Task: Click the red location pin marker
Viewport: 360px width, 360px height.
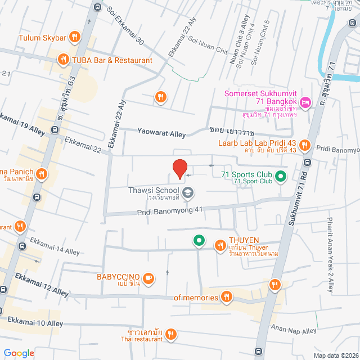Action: coord(179,169)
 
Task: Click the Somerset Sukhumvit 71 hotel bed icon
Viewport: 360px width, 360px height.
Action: coord(305,102)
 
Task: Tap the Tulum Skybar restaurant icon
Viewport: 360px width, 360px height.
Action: coord(75,38)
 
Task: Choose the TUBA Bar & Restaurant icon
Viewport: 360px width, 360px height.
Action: coord(64,59)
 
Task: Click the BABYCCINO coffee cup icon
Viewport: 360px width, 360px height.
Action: coord(149,277)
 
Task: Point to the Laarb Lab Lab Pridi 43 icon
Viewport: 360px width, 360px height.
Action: coord(305,146)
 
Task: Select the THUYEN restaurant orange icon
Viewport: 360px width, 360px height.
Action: coord(220,244)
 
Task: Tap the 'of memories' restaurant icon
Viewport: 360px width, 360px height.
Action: coord(226,296)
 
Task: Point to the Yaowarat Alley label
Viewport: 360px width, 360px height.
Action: coord(161,133)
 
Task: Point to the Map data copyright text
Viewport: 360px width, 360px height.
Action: coord(335,355)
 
